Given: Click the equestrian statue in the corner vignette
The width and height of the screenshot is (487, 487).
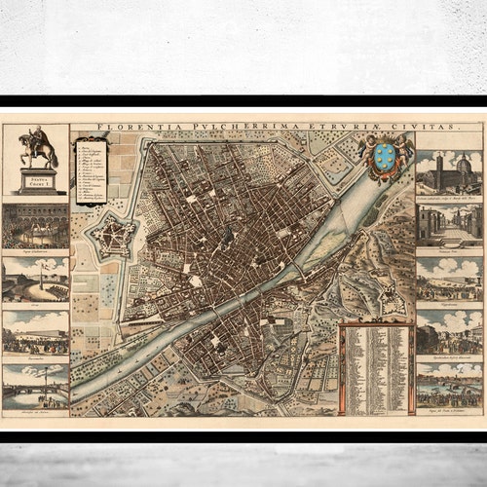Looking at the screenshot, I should [36, 148].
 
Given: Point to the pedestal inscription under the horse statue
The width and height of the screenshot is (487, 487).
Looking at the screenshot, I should [36, 179].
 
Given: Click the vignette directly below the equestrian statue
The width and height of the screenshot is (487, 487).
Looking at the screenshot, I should [36, 226].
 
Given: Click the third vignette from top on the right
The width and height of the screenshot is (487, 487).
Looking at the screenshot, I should [449, 279].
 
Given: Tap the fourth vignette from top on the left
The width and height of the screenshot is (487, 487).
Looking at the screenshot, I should [36, 333].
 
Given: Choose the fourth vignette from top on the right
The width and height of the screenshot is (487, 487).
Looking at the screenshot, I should [449, 333].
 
